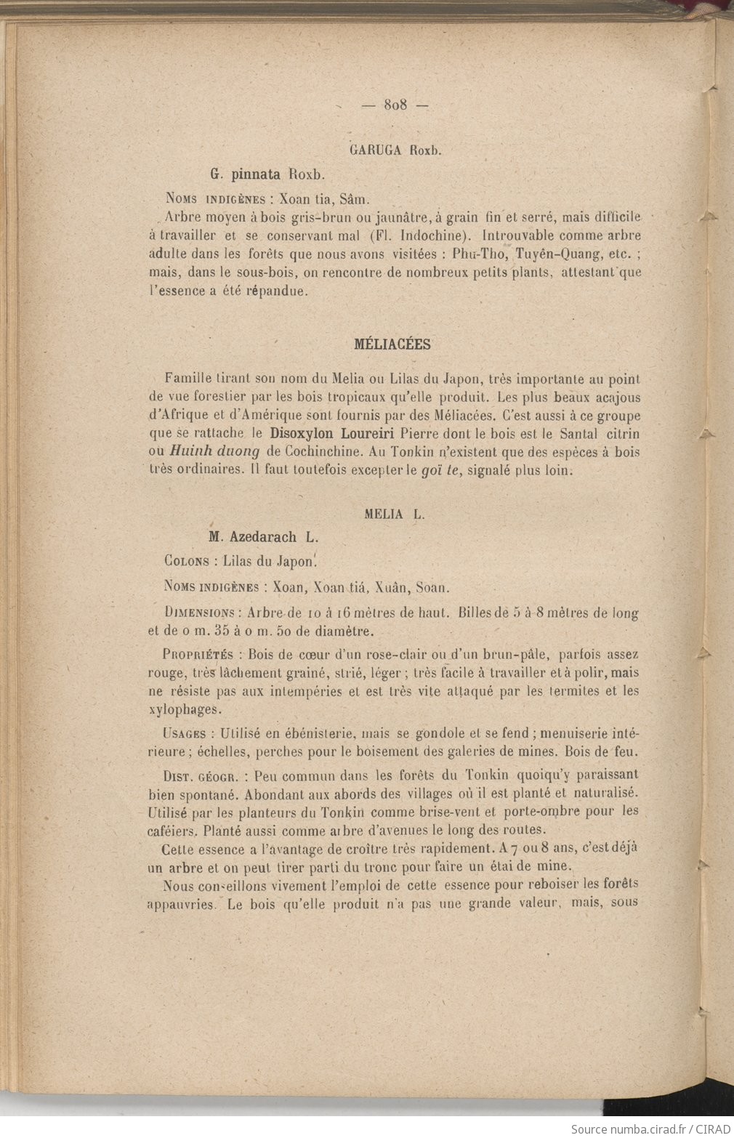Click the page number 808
(x=396, y=105)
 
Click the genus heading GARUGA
(x=376, y=151)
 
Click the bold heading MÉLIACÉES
(x=392, y=345)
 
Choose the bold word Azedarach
(x=263, y=538)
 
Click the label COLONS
(x=188, y=561)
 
